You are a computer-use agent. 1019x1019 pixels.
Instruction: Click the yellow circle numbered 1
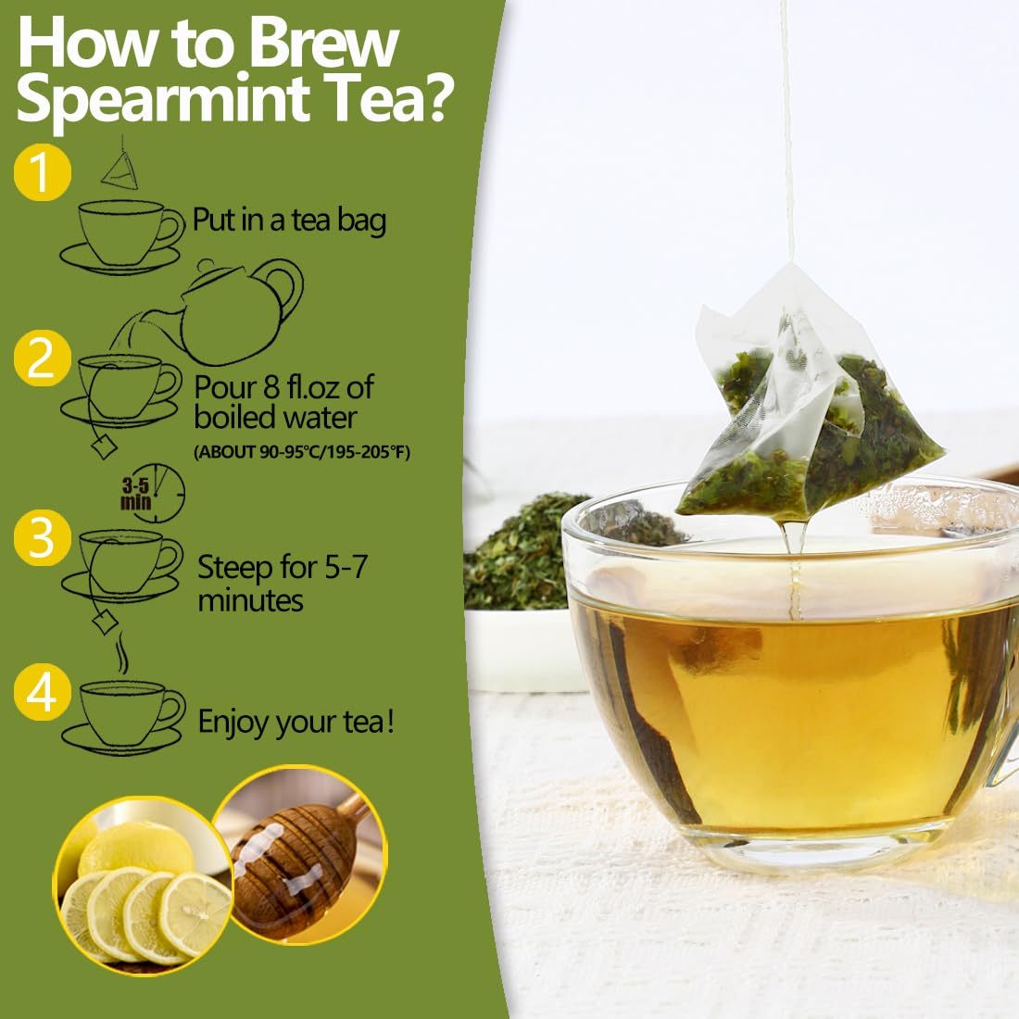[x=42, y=173]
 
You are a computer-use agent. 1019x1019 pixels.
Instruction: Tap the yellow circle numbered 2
[x=42, y=360]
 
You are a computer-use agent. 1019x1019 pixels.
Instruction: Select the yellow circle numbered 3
[x=42, y=539]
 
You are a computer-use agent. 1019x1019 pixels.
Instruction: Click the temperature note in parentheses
[x=301, y=452]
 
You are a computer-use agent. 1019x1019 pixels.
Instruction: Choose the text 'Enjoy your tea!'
[x=296, y=722]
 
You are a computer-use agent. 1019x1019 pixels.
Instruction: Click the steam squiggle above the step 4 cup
[x=119, y=656]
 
